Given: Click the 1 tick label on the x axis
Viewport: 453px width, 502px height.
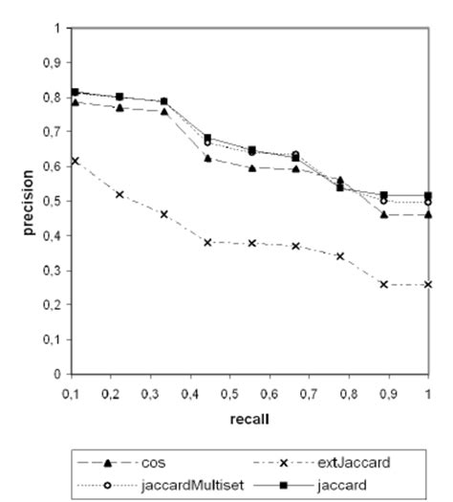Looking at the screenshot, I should point(427,393).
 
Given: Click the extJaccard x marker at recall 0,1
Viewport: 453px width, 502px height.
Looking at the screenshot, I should point(75,161).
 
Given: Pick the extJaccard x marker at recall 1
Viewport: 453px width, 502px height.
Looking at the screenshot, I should point(427,284).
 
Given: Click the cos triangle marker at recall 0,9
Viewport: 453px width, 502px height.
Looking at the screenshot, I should point(383,214).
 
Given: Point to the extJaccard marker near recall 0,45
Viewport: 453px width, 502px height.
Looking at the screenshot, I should point(207,242).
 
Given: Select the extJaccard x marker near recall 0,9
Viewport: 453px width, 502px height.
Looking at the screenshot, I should point(383,284).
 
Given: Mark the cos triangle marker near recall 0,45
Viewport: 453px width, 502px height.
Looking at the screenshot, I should point(207,158).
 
